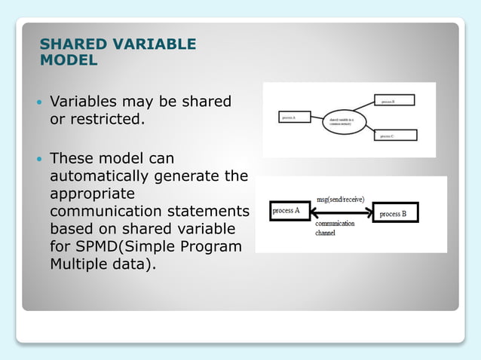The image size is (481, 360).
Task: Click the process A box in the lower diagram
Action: click(x=286, y=212)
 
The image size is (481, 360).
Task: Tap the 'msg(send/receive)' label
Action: click(x=341, y=200)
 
